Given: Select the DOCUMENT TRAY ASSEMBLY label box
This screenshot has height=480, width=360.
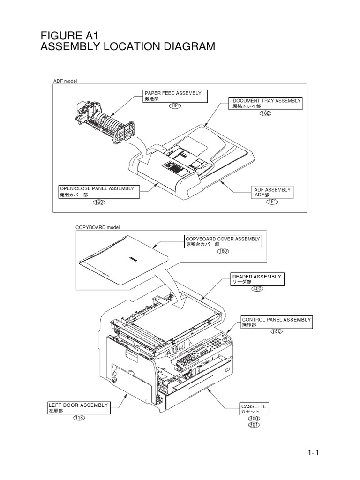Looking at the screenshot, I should pos(267,104).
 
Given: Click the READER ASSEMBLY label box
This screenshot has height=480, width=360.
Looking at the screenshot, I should pos(258,279).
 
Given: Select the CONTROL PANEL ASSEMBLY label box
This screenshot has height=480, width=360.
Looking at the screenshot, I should pos(276,322).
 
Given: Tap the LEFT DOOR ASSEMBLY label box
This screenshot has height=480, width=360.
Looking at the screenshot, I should pos(79,407).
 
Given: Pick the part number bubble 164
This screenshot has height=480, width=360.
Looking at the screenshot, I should pos(175,106).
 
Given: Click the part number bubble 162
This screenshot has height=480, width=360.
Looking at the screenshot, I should pos(265,113).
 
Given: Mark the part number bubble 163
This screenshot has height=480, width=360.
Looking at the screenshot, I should pos(98,202).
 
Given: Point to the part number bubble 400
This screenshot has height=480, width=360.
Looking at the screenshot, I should pos(257,289).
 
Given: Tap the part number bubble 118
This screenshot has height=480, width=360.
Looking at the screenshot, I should pos(79,418).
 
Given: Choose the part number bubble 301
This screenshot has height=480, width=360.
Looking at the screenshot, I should pos(254,425).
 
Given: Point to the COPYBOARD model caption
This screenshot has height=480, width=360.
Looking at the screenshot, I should pos(98,227).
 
